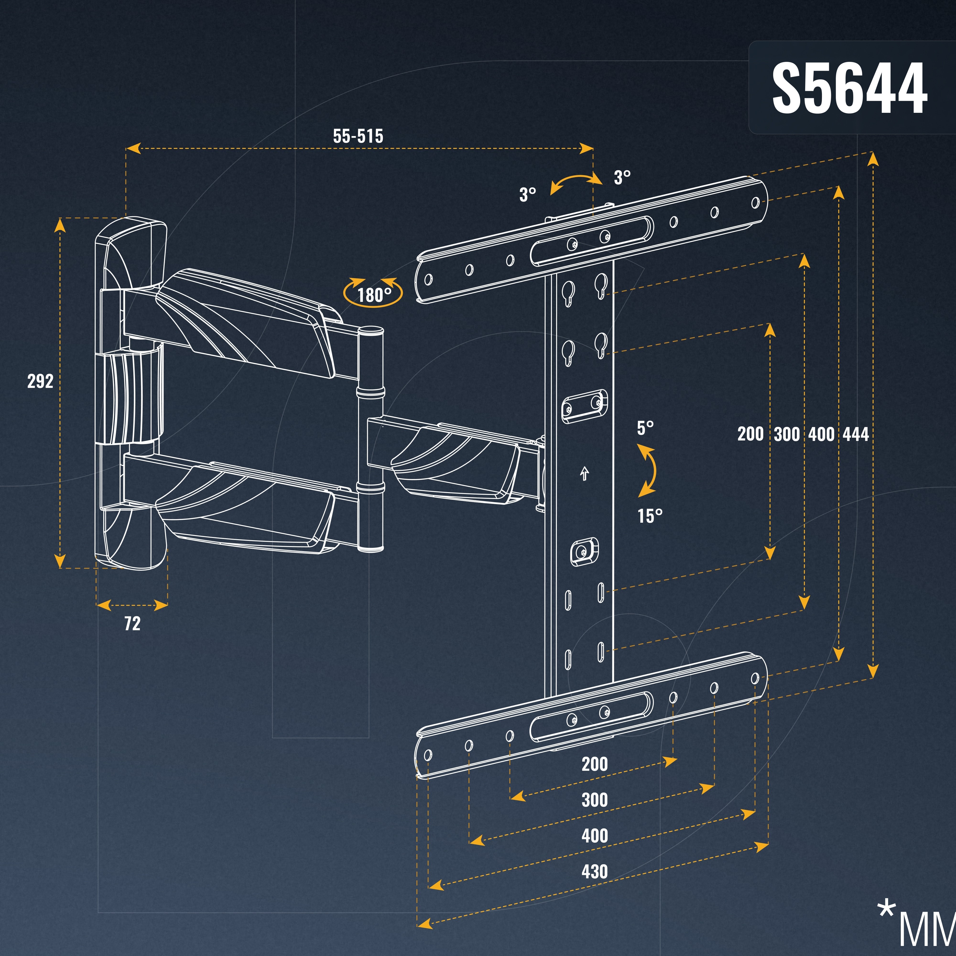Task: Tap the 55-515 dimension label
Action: pyautogui.click(x=358, y=136)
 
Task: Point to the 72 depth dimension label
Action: pyautogui.click(x=132, y=624)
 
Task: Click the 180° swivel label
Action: pyautogui.click(x=374, y=295)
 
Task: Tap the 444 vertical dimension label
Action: pyautogui.click(x=856, y=435)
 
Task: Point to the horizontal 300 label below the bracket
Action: pyautogui.click(x=594, y=800)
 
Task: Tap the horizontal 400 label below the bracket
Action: pyautogui.click(x=594, y=836)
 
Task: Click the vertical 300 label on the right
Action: pyautogui.click(x=787, y=435)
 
